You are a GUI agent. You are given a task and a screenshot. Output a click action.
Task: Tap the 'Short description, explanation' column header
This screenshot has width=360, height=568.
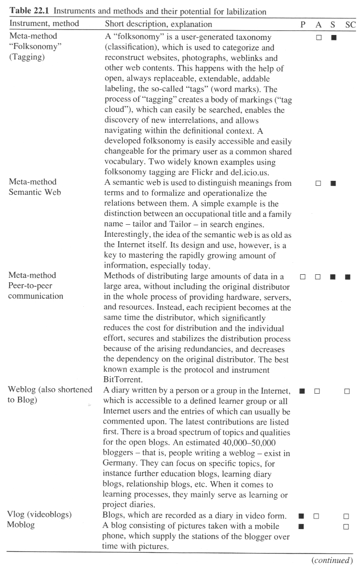(x=158, y=24)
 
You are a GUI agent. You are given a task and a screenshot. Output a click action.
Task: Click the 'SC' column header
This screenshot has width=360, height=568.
(x=351, y=24)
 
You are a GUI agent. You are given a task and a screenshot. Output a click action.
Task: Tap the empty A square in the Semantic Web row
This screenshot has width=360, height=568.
(x=318, y=183)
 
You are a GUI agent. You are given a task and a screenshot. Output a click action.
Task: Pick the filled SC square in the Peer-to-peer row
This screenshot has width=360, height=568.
(x=348, y=276)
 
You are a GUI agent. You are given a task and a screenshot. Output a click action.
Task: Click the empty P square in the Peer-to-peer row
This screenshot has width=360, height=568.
(x=302, y=276)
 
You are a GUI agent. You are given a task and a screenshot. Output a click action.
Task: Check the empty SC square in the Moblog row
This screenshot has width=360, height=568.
(x=347, y=526)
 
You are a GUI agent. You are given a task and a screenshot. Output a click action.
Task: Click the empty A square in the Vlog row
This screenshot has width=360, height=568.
(x=317, y=516)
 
